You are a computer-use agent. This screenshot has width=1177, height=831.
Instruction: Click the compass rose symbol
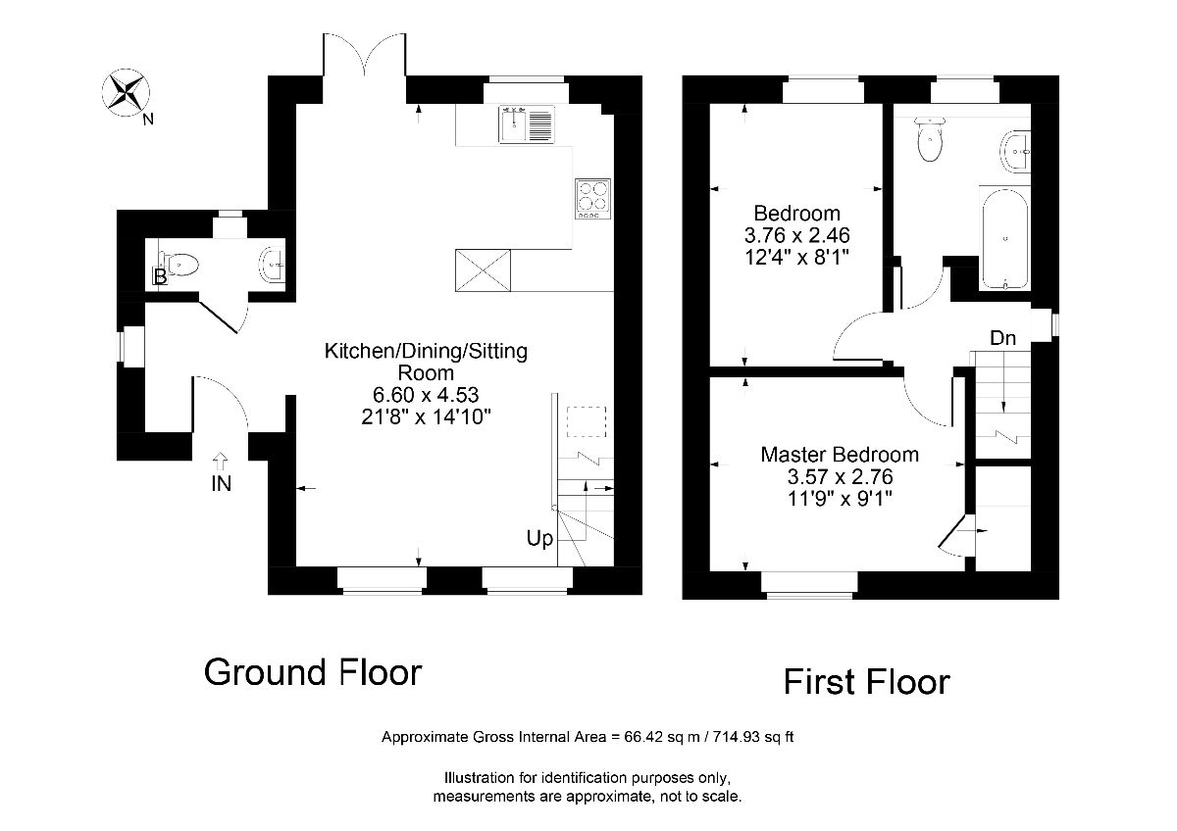tap(126, 92)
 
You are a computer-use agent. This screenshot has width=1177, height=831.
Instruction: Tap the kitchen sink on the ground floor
tap(526, 123)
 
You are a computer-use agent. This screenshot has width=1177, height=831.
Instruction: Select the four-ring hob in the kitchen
tap(592, 199)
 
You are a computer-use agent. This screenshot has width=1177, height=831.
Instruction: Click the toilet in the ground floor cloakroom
tap(179, 264)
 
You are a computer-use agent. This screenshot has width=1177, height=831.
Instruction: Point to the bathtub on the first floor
tap(1004, 238)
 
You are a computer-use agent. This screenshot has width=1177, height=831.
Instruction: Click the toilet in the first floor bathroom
tap(930, 138)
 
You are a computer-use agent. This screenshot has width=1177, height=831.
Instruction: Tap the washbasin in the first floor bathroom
tap(1015, 151)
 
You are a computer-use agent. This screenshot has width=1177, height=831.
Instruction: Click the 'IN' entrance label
tap(222, 483)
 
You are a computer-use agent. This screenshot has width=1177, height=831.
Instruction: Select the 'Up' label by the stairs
tap(539, 539)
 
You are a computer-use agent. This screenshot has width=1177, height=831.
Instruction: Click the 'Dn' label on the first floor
tap(1002, 338)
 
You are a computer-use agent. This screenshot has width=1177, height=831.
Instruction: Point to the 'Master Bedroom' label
tap(840, 455)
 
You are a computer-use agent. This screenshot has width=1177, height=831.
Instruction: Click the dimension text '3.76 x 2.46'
tap(796, 236)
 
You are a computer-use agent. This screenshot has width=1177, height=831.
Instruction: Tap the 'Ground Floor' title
tap(313, 672)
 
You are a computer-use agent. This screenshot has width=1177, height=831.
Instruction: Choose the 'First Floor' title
tap(866, 682)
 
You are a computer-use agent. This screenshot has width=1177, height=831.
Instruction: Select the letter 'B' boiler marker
tap(160, 276)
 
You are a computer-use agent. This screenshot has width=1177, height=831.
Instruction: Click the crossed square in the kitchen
tap(483, 270)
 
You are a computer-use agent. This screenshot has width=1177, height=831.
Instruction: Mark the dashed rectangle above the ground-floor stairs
tap(587, 421)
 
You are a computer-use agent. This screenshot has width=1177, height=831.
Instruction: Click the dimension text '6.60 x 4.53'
tap(426, 395)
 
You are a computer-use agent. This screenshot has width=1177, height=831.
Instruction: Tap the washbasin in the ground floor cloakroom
tap(273, 264)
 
